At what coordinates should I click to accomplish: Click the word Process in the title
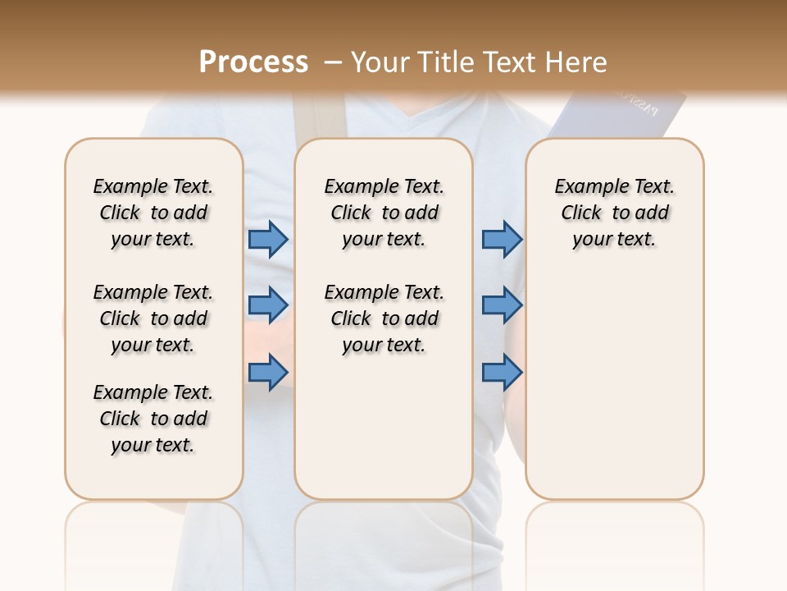point(253,62)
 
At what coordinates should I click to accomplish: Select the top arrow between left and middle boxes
point(268,239)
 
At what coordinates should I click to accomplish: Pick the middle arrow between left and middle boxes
point(268,305)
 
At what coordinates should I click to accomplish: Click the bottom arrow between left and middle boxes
point(268,373)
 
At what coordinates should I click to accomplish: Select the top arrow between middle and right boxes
point(502,239)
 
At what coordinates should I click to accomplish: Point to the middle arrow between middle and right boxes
point(502,305)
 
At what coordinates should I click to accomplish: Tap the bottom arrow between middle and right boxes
point(502,373)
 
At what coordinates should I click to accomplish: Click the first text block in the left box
point(153,213)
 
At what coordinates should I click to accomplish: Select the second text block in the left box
point(153,318)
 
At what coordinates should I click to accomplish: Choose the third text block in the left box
point(153,419)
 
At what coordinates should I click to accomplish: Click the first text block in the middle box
point(384,213)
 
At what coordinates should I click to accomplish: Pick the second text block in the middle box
point(384,318)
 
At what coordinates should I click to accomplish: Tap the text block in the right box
point(614,213)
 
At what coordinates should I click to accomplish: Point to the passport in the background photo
point(623,115)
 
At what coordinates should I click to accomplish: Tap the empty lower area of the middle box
point(384,427)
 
